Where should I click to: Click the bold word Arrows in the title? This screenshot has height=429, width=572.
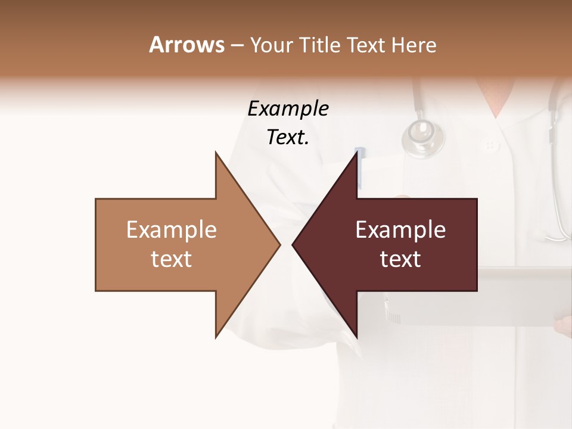pyautogui.click(x=186, y=45)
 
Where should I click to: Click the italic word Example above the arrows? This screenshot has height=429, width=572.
pyautogui.click(x=288, y=109)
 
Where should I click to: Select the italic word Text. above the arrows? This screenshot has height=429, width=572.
pyautogui.click(x=288, y=138)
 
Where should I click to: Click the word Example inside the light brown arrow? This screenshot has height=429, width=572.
pyautogui.click(x=171, y=230)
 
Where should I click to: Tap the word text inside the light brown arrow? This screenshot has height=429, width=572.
pyautogui.click(x=171, y=259)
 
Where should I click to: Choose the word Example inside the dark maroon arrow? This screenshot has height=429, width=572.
pyautogui.click(x=400, y=230)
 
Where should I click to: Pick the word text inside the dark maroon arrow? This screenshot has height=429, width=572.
pyautogui.click(x=400, y=259)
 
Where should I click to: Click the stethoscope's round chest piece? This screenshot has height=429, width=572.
pyautogui.click(x=423, y=138)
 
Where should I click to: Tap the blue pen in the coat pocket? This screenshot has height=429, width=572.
pyautogui.click(x=360, y=164)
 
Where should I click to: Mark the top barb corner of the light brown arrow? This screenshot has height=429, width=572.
pyautogui.click(x=216, y=153)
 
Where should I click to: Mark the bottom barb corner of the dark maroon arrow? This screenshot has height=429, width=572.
pyautogui.click(x=357, y=337)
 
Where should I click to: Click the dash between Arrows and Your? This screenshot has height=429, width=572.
pyautogui.click(x=237, y=45)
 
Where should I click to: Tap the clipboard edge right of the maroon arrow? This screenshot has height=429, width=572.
pyautogui.click(x=524, y=271)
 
